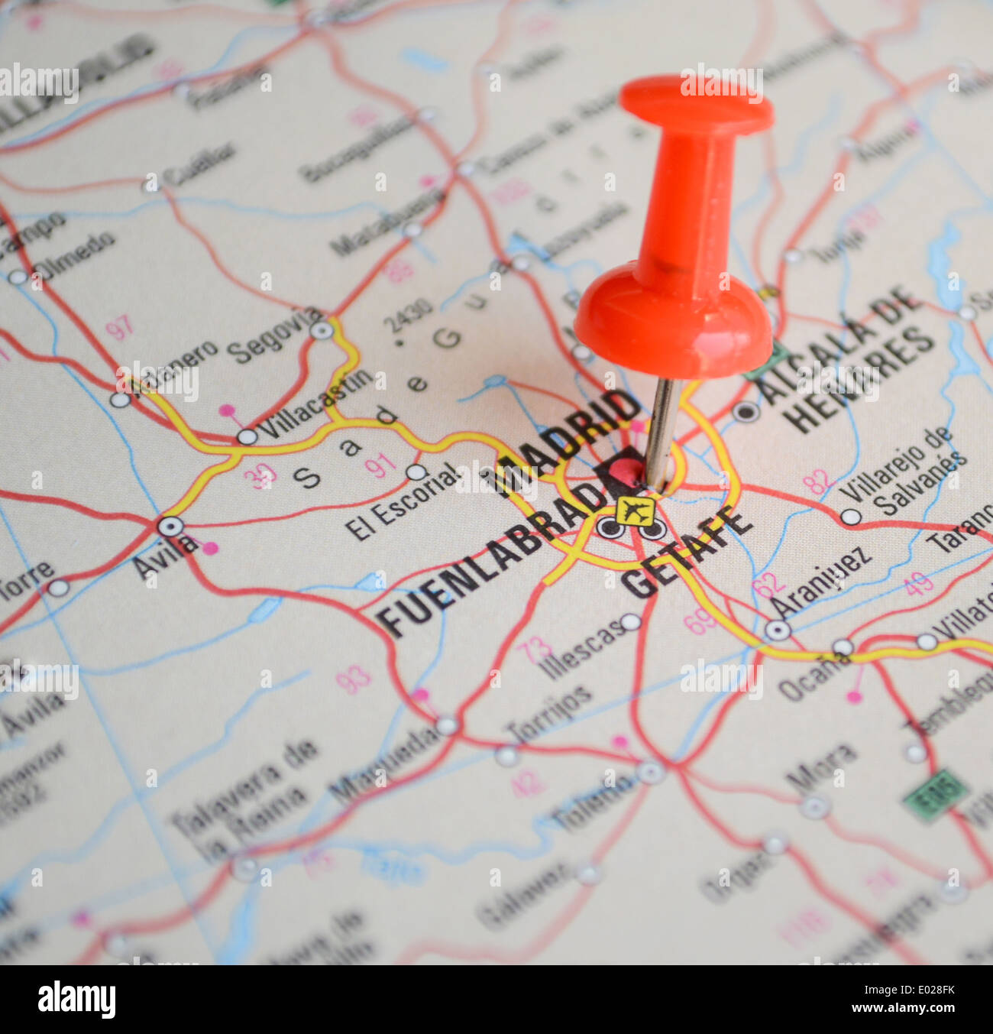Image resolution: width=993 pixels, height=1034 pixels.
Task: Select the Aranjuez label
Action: [x=821, y=582]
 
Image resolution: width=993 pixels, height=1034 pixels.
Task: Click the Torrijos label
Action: [x=551, y=714]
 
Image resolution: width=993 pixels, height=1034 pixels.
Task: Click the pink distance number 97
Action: [x=120, y=329]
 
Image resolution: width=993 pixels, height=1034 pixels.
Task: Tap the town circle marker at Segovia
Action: [x=322, y=330]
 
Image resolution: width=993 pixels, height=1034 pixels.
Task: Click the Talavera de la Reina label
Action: [x=244, y=799]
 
